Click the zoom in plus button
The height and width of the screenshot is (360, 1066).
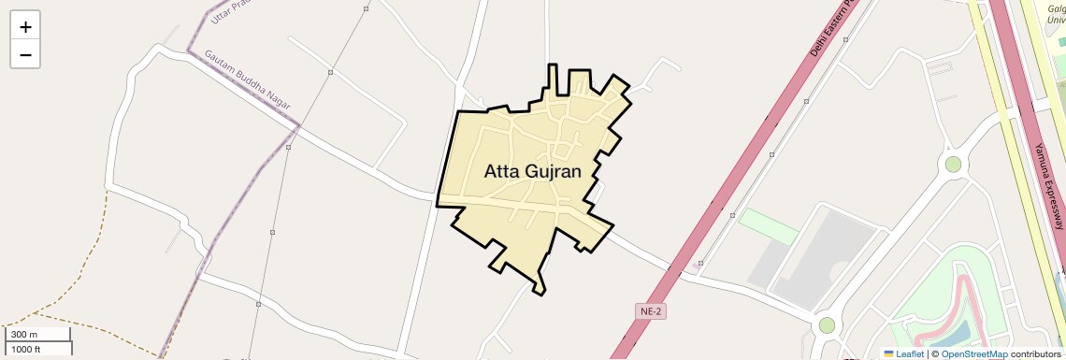pyautogui.click(x=25, y=27)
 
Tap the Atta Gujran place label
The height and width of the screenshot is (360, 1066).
pyautogui.click(x=533, y=171)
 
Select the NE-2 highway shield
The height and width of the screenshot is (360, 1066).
pyautogui.click(x=650, y=310)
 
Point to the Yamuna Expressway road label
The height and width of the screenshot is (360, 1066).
pyautogui.click(x=1049, y=186)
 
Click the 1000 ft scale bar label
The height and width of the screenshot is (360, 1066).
pyautogui.click(x=26, y=349)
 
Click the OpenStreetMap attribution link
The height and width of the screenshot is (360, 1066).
pyautogui.click(x=973, y=353)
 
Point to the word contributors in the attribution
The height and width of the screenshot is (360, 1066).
pyautogui.click(x=1035, y=353)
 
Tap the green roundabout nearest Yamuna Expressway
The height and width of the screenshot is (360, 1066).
pyautogui.click(x=953, y=165)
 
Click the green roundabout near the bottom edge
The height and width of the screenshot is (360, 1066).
pyautogui.click(x=827, y=325)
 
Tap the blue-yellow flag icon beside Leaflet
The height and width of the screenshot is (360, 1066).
pyautogui.click(x=888, y=353)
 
